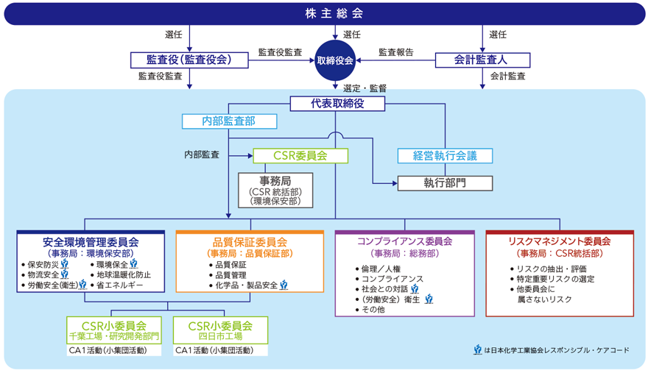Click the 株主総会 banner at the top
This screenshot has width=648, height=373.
tap(324, 14)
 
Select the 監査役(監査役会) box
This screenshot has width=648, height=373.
tap(190, 60)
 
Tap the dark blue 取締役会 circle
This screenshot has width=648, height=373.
tap(335, 60)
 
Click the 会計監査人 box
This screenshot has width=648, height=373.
tap(482, 60)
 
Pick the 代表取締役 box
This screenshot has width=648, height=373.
tap(337, 104)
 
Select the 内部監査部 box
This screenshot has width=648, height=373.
tap(229, 121)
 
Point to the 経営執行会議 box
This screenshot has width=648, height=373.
tap(445, 155)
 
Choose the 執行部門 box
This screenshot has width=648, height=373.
tap(445, 182)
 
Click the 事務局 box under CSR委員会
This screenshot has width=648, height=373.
tap(275, 190)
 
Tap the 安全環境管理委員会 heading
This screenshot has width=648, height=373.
tap(91, 241)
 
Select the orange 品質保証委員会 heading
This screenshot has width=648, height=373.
tap(250, 241)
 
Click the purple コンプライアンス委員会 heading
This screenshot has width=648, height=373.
tap(404, 241)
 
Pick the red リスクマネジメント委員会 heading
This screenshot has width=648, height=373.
tap(560, 241)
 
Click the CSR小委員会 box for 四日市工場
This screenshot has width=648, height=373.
tap(220, 330)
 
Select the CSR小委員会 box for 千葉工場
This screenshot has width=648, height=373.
tap(113, 330)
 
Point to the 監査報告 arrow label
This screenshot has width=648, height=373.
tap(396, 52)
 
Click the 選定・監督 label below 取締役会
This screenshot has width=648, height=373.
tap(365, 88)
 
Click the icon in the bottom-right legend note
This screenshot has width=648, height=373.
tap(478, 350)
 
